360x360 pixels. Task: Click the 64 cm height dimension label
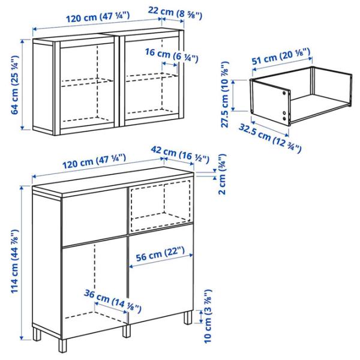15,85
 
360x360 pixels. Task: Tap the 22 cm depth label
175,13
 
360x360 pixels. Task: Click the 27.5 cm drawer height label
224,94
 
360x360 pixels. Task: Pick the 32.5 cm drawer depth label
270,138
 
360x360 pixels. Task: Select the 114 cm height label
15,261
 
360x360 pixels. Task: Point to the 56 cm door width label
160,254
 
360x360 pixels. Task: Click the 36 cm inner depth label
113,301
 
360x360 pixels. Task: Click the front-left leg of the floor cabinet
62,346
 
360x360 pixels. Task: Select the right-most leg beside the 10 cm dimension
188,317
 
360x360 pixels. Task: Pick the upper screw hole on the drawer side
284,93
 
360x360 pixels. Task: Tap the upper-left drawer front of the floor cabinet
94,218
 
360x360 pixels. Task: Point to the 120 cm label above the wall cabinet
98,17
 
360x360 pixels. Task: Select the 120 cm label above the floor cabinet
94,161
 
